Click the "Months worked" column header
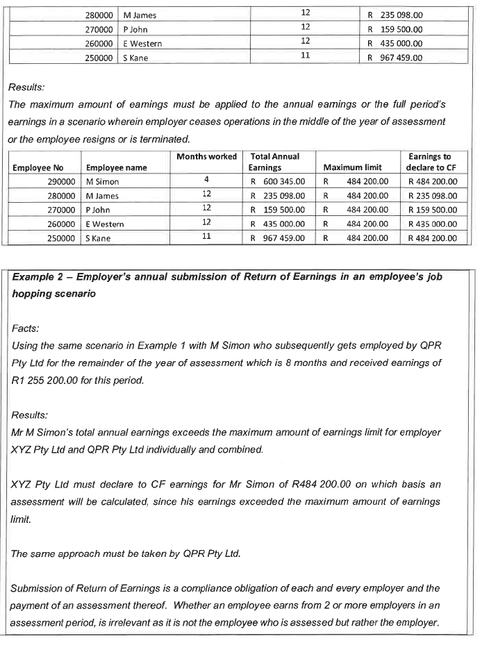pyautogui.click(x=206, y=157)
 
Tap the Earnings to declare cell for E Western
pyautogui.click(x=432, y=224)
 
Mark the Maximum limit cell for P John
pyautogui.click(x=356, y=210)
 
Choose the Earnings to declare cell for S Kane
pyautogui.click(x=432, y=237)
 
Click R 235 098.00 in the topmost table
pyautogui.click(x=394, y=15)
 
